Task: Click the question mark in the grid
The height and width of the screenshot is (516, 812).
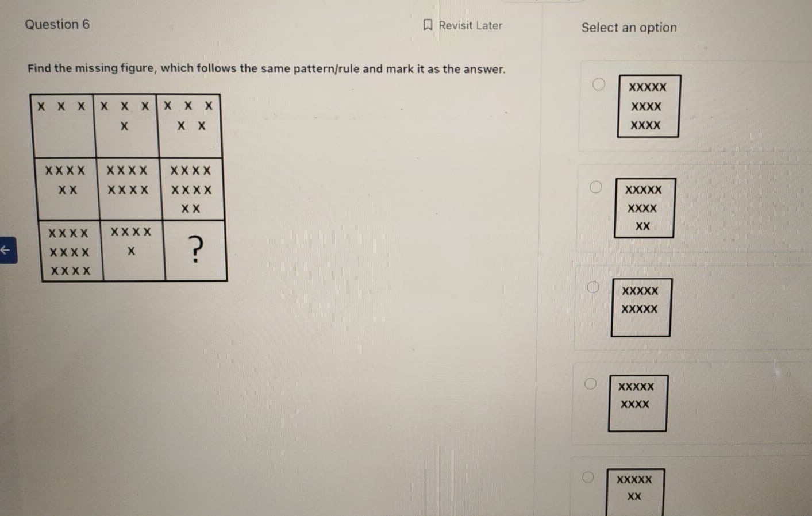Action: [x=196, y=249]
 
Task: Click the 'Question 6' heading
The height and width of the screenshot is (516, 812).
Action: [x=57, y=24]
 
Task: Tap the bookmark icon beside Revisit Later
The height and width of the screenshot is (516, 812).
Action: [x=428, y=25]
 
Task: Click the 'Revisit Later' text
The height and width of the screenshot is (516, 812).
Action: [x=470, y=25]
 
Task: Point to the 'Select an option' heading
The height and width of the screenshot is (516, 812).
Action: [x=629, y=28]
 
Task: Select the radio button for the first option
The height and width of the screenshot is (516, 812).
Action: [x=599, y=84]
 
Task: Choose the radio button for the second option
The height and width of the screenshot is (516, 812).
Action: [x=596, y=187]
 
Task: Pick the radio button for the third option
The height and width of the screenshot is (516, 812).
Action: [x=593, y=287]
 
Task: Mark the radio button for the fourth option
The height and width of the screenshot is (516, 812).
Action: [x=590, y=383]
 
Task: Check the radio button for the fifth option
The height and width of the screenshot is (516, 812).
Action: [x=587, y=477]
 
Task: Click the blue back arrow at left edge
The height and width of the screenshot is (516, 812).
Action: [x=6, y=250]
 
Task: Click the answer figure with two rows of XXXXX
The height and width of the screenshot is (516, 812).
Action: [x=640, y=307]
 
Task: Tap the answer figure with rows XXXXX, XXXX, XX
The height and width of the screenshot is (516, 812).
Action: [x=644, y=208]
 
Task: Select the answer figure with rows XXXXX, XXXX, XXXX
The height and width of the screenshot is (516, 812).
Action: [x=648, y=106]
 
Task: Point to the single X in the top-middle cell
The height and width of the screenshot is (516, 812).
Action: [x=124, y=126]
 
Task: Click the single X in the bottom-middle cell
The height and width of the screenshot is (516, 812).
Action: [x=131, y=251]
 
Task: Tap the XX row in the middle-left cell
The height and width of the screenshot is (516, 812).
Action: [x=67, y=190]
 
